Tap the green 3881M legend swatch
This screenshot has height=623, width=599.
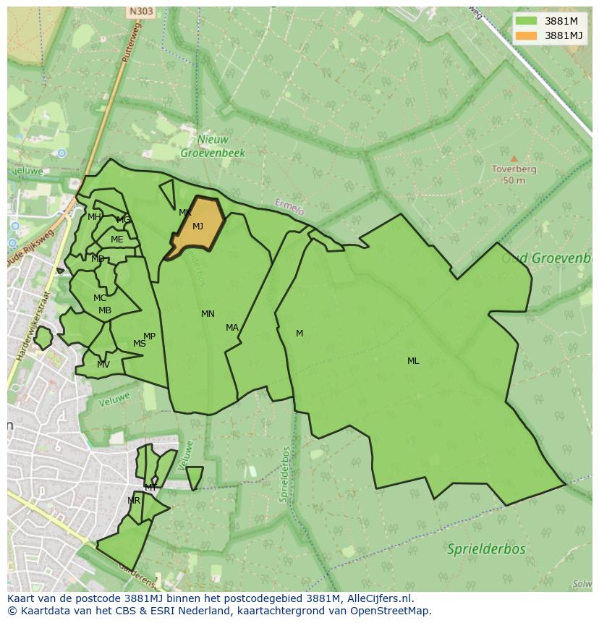(526, 21)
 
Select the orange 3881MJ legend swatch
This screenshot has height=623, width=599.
(526, 35)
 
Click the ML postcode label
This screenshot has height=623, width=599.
(413, 361)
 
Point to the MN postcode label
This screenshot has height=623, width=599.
(208, 314)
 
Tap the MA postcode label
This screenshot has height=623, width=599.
(231, 328)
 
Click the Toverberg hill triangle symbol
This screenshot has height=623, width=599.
(514, 158)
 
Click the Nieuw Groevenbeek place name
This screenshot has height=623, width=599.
(213, 146)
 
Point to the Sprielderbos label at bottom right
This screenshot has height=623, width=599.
(486, 548)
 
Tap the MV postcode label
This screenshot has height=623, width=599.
(103, 365)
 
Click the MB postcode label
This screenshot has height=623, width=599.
(105, 310)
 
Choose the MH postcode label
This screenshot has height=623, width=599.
(94, 217)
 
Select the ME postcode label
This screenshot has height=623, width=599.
(116, 240)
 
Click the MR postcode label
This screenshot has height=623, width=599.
(134, 501)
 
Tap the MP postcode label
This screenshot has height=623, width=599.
(149, 336)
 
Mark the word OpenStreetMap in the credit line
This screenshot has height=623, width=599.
(390, 611)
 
